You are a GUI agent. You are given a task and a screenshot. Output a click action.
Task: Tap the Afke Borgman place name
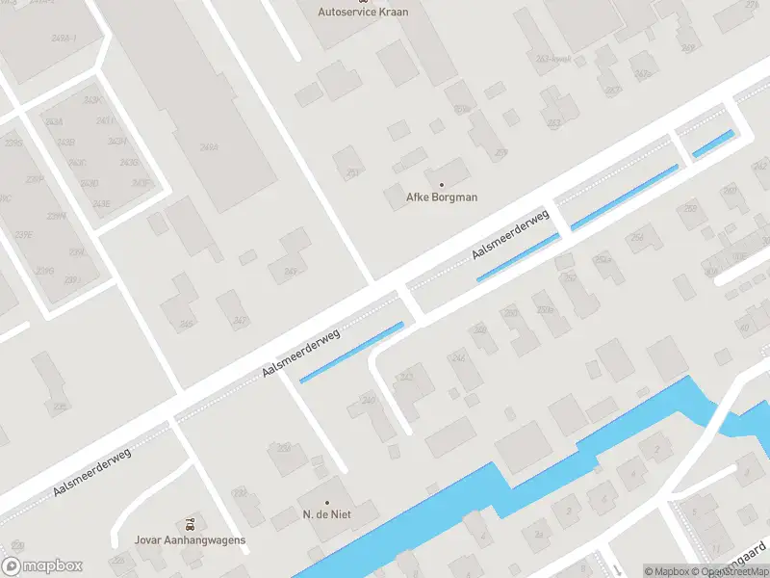pos(442,197)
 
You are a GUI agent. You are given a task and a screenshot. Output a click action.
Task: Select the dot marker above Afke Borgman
pos(442,184)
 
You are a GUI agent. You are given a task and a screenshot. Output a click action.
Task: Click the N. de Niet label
pos(326,515)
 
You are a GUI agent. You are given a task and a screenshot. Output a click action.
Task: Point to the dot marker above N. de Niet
pos(326,502)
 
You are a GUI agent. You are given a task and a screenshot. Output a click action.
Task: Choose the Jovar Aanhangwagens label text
pos(191,539)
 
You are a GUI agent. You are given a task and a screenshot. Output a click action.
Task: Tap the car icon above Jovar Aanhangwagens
pos(191,525)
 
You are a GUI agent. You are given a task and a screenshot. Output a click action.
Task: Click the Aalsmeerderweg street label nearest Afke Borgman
pos(510,235)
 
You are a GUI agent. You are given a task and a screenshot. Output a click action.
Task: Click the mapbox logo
pos(42,566)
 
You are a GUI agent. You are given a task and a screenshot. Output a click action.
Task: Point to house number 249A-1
pos(64,38)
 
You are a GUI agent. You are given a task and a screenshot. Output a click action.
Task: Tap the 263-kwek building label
pos(554,59)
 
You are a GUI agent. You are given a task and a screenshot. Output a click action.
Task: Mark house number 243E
pos(101,203)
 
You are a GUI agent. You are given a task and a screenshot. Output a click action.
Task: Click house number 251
pos(352,173)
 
